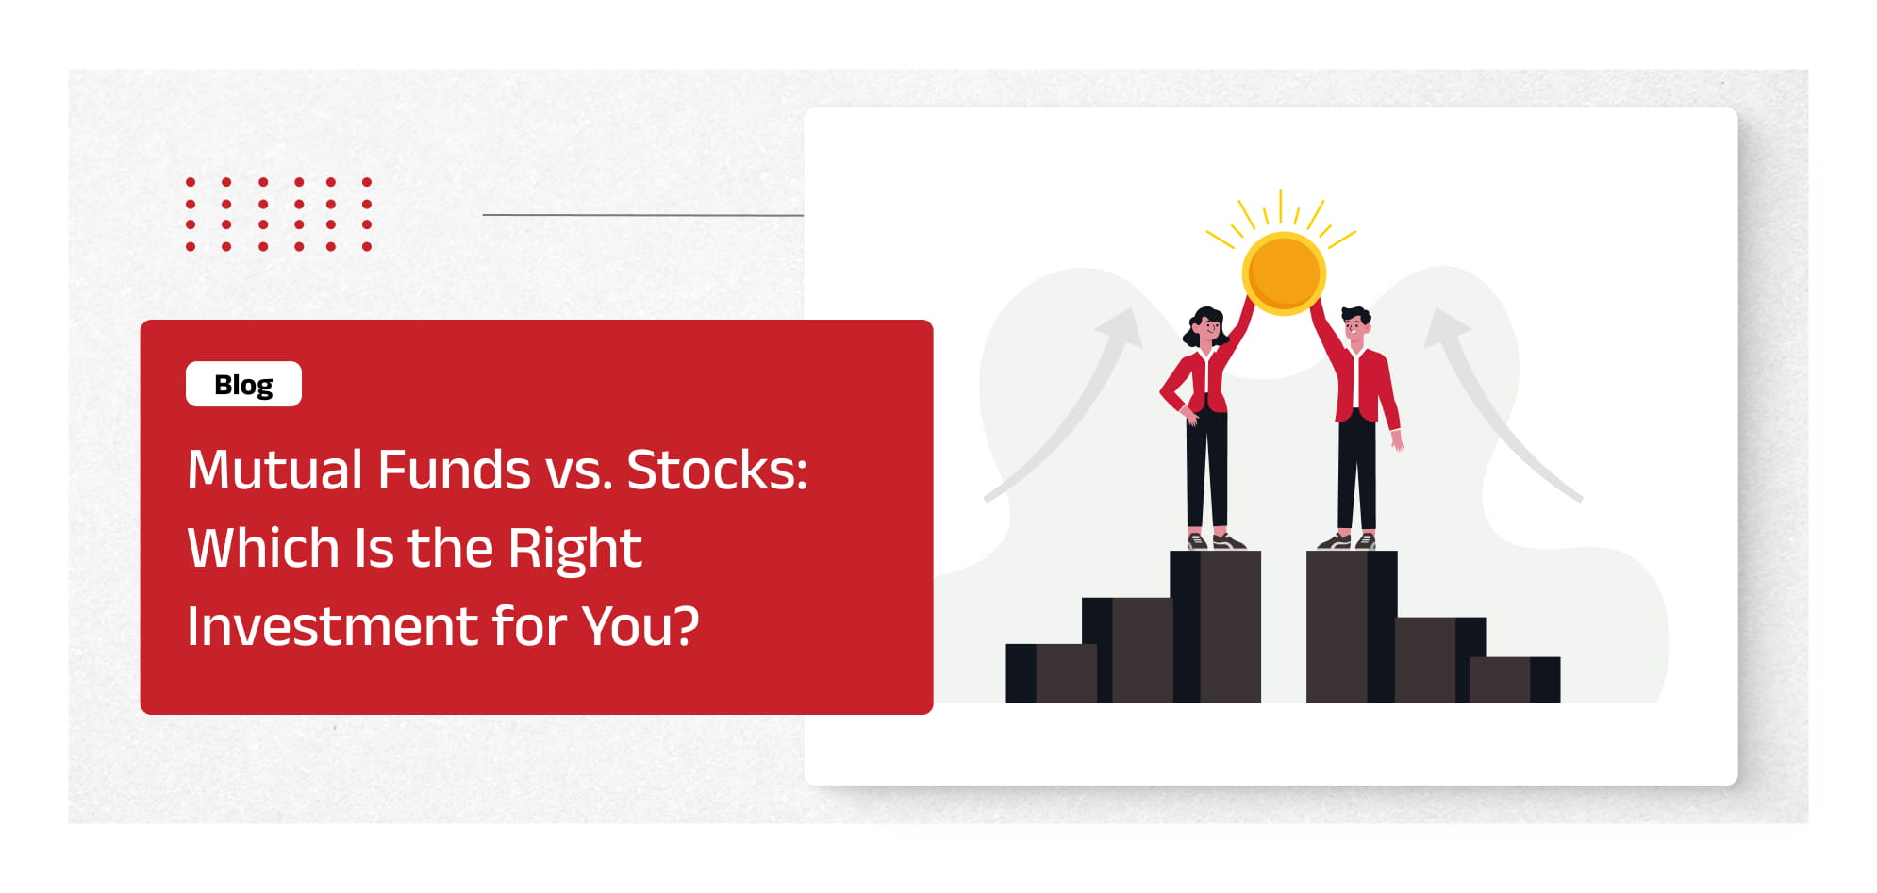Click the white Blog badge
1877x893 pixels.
point(243,384)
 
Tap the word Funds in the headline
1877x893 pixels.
point(454,470)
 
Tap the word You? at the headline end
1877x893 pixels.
point(640,626)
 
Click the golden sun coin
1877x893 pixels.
point(1283,273)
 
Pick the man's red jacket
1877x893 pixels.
point(1358,377)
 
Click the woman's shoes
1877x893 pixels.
point(1216,541)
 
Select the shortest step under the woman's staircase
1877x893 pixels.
point(1052,673)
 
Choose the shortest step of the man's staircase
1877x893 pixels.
point(1515,680)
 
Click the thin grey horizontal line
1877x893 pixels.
point(643,215)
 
